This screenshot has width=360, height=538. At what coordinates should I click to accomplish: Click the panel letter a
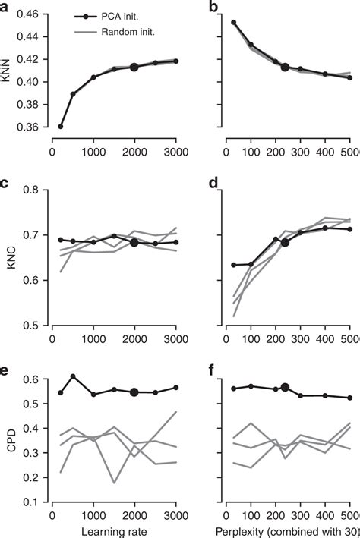point(5,6)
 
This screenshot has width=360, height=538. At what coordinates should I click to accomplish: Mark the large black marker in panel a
point(134,67)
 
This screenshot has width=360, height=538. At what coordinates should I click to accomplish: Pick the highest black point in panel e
point(73,376)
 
